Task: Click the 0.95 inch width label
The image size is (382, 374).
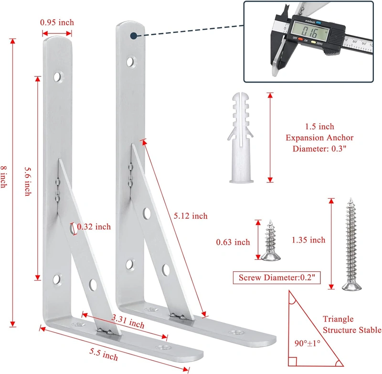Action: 57,22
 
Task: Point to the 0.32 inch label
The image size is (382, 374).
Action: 94,227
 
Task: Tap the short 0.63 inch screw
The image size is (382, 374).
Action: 270,241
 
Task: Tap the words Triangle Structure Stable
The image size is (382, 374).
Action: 351,324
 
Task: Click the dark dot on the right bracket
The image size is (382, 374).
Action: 133,35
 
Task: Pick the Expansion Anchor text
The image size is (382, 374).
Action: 319,138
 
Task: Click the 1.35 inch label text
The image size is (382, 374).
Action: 309,240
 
